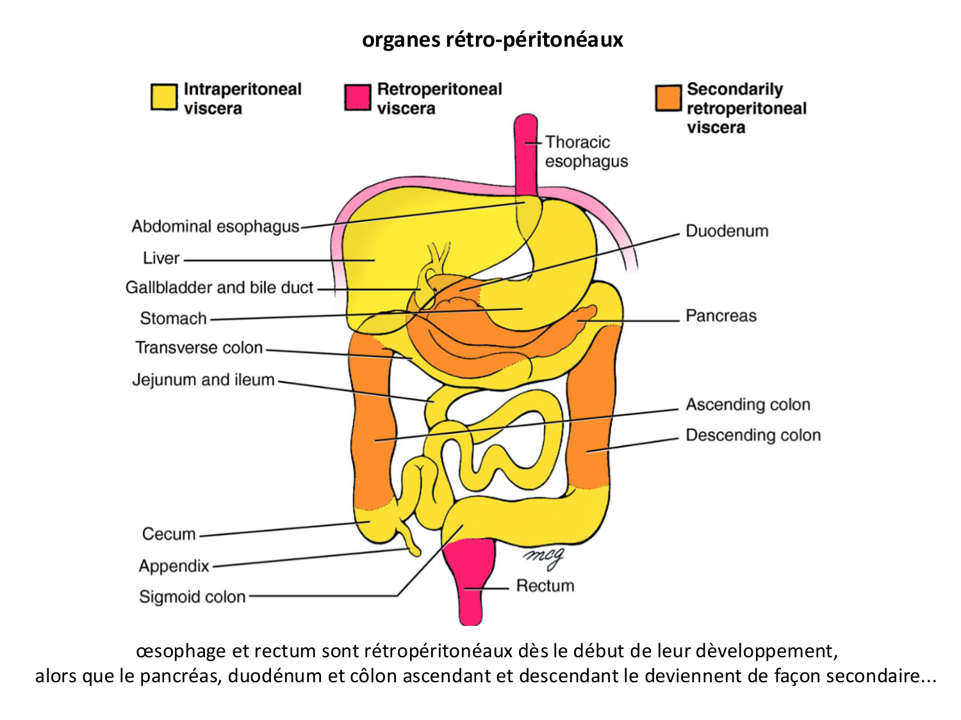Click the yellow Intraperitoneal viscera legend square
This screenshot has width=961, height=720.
click(x=164, y=97)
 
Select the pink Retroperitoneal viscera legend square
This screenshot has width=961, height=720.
click(x=357, y=97)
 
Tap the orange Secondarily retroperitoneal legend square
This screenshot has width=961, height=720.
click(x=668, y=98)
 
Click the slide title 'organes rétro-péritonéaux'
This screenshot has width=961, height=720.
click(x=492, y=40)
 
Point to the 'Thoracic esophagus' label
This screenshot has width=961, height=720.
click(x=586, y=152)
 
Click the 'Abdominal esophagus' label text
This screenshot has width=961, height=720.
click(x=215, y=227)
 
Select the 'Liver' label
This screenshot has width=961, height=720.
click(x=161, y=258)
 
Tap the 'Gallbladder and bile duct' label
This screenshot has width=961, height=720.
click(x=219, y=287)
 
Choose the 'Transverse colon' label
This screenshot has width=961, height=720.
click(x=199, y=348)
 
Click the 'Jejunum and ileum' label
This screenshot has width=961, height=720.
click(x=203, y=380)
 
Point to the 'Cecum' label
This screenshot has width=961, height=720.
click(x=168, y=534)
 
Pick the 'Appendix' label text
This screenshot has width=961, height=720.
click(x=174, y=566)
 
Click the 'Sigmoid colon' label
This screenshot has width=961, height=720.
click(x=192, y=596)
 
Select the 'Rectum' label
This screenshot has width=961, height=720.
click(x=545, y=586)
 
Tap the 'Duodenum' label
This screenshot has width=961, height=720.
click(x=727, y=231)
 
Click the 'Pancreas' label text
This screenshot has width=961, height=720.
click(x=721, y=316)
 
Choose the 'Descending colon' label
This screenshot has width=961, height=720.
click(x=753, y=435)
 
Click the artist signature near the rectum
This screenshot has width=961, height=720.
click(x=543, y=557)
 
